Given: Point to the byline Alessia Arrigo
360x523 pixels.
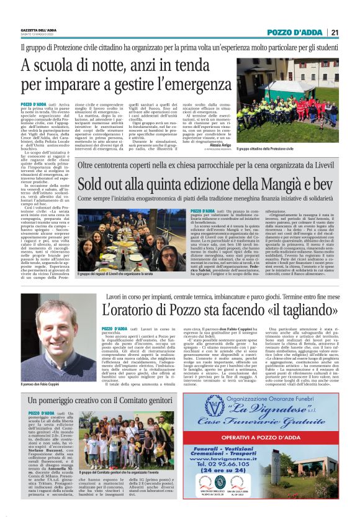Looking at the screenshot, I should pos(220,145).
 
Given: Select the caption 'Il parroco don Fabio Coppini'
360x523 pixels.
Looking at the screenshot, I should pos(42,384).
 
